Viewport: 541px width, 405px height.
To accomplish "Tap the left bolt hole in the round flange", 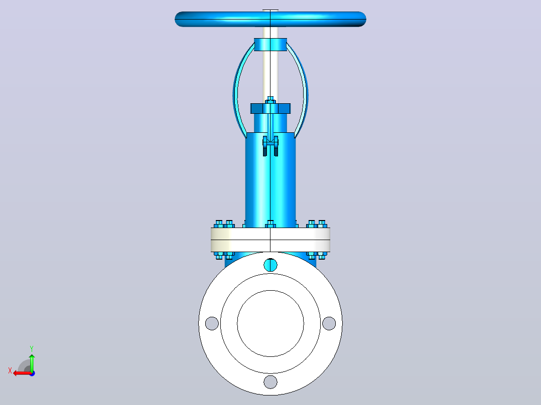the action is [212, 323].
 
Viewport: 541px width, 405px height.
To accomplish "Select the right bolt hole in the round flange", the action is [329, 323].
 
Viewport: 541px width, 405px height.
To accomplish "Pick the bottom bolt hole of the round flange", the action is [270, 382].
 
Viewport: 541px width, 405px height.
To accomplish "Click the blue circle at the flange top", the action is [270, 265].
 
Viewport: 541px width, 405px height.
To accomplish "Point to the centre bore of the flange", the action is [270, 323].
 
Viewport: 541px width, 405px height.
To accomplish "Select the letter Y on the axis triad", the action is [32, 349].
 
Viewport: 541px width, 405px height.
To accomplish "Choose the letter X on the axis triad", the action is [10, 370].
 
